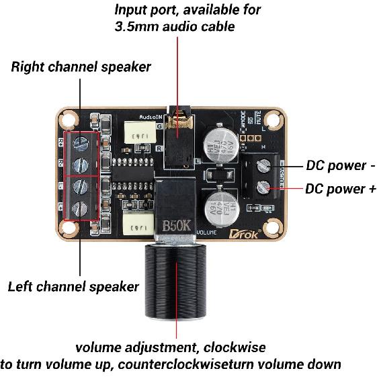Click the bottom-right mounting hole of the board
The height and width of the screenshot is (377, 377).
click(x=272, y=227)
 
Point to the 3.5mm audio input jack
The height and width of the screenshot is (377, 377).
click(x=177, y=138)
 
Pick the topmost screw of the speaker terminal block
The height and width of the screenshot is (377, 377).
click(x=80, y=142)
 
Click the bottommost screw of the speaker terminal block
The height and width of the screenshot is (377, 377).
click(x=80, y=207)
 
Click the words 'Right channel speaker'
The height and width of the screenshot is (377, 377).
click(x=81, y=67)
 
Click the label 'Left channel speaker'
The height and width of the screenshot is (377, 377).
click(x=73, y=287)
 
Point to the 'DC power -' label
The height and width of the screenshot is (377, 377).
click(x=340, y=165)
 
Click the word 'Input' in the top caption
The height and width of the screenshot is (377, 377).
click(x=132, y=10)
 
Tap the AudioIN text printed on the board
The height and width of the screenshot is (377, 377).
click(x=152, y=116)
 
